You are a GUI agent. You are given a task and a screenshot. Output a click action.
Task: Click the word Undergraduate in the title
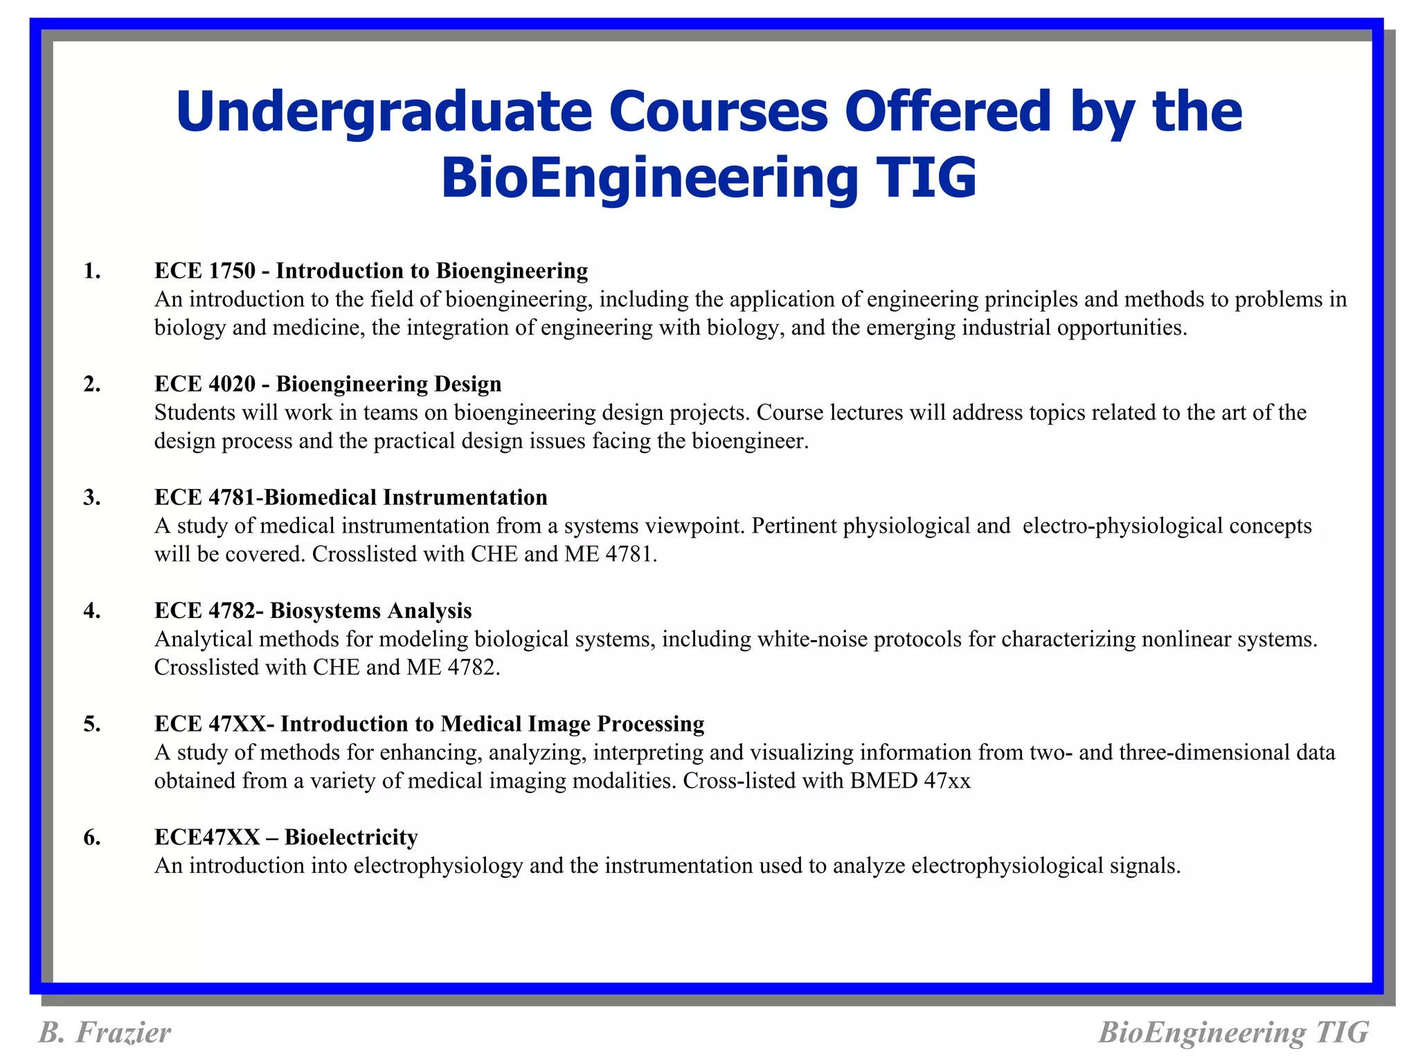(384, 113)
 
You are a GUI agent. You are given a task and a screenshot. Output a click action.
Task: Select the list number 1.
(92, 271)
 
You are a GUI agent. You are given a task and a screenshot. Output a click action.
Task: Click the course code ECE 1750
(205, 271)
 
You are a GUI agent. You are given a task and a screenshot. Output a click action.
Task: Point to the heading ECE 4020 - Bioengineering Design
(327, 384)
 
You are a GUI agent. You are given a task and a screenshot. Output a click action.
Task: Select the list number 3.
(92, 497)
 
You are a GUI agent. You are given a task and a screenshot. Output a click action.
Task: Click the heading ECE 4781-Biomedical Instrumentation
(350, 497)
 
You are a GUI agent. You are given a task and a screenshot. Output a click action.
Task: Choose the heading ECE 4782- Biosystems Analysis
(313, 610)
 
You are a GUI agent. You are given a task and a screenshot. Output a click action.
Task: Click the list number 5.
(92, 724)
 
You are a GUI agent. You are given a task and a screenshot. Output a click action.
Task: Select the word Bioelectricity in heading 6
(351, 837)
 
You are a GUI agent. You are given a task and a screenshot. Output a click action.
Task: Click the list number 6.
(92, 837)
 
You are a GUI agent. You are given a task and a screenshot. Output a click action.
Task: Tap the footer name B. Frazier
(105, 1032)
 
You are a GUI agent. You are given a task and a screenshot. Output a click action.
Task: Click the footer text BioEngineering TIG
(1233, 1032)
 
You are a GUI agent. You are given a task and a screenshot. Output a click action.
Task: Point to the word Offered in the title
(948, 113)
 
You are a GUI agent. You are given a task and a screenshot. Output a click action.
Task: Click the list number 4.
(92, 610)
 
